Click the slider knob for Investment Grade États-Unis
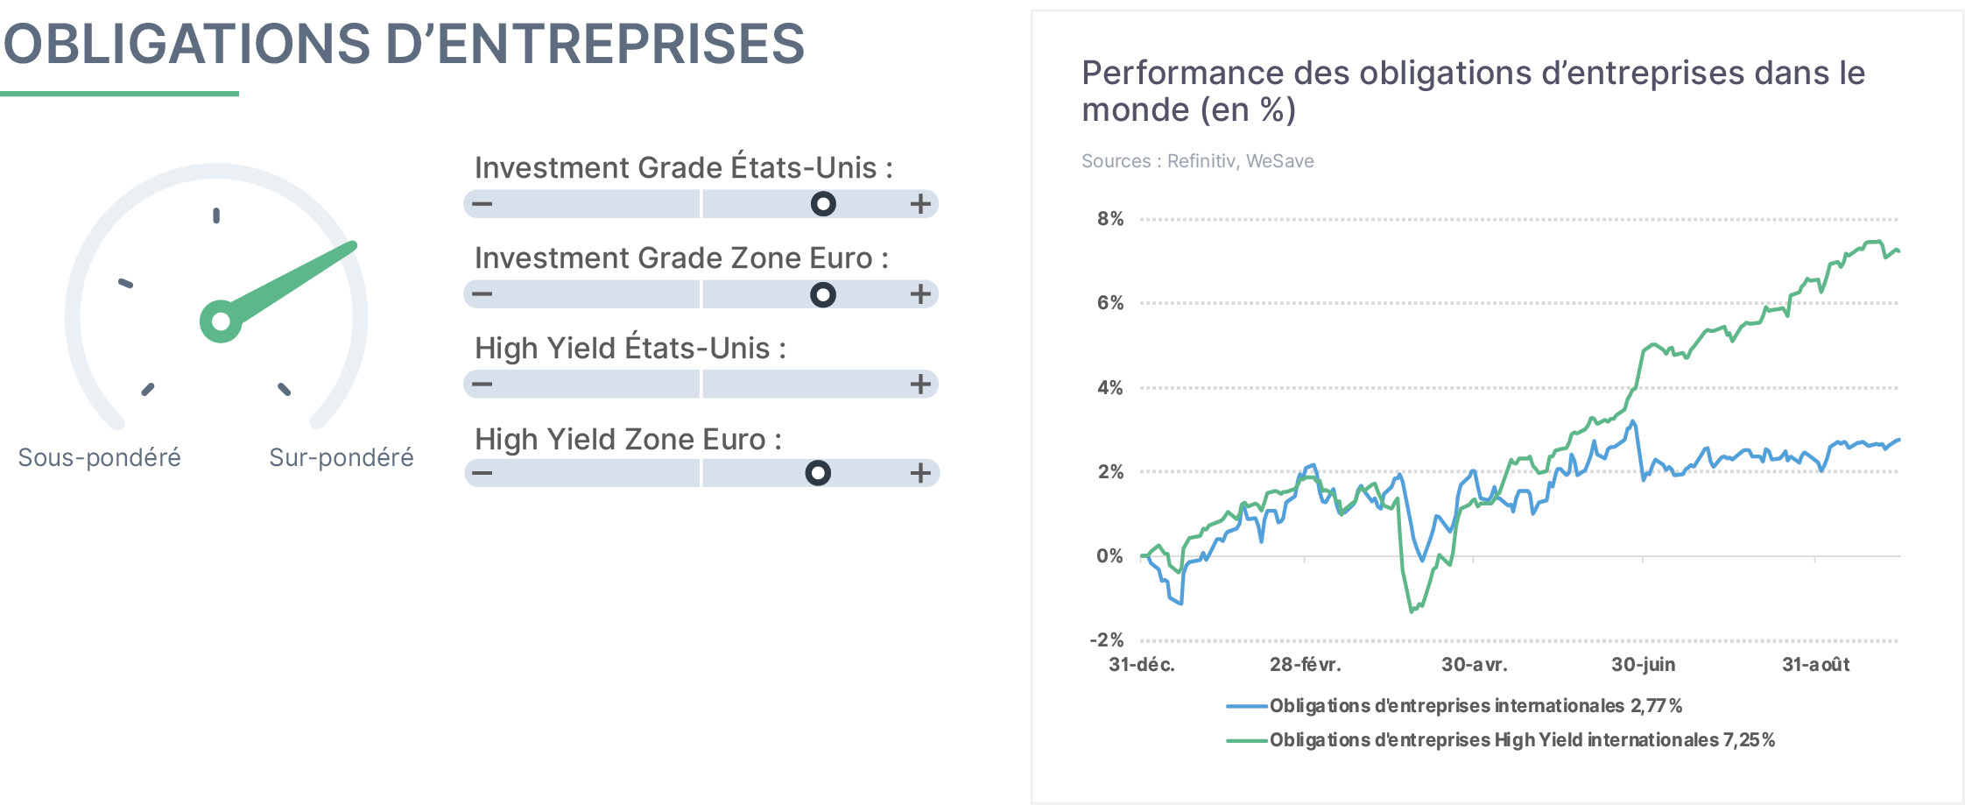(823, 204)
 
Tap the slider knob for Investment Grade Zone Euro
(823, 294)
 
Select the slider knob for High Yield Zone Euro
(818, 473)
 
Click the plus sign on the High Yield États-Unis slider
(920, 384)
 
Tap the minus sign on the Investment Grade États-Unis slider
(482, 204)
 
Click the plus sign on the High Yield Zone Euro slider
(920, 473)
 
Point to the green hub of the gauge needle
(221, 321)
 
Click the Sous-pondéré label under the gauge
(100, 457)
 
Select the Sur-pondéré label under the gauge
(342, 457)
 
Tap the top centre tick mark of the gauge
(216, 215)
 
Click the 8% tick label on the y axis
(1110, 219)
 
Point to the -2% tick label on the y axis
(1107, 640)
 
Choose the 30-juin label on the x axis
(1644, 665)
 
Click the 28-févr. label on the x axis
(1306, 665)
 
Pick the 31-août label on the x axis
(1816, 665)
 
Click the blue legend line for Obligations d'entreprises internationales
(1247, 706)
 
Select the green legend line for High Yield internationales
(1247, 740)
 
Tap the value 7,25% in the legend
(1750, 740)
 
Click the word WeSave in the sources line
(1280, 161)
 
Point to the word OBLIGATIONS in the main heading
(187, 44)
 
